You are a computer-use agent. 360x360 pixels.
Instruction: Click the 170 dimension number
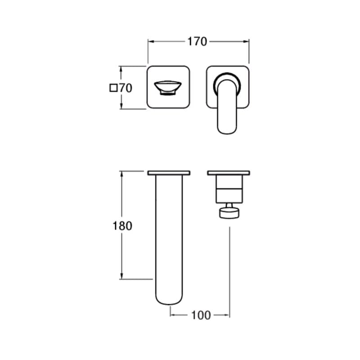(197, 41)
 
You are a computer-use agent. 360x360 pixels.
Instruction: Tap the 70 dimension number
(126, 88)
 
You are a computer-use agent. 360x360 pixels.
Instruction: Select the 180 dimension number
(122, 226)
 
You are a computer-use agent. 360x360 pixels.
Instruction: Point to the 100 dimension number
(201, 315)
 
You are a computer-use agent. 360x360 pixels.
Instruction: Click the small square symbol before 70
(113, 88)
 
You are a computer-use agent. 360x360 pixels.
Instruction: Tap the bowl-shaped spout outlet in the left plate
(168, 88)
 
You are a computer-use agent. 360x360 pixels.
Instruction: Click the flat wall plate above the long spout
(169, 173)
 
